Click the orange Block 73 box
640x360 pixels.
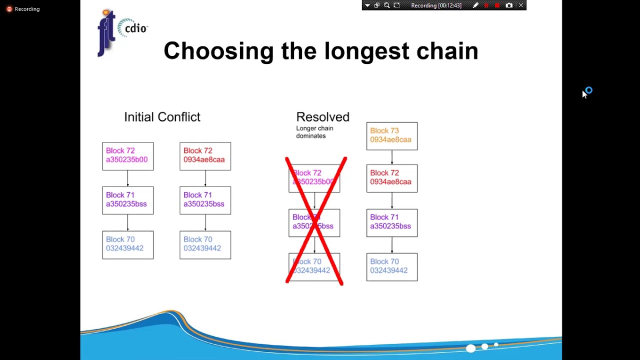(392, 136)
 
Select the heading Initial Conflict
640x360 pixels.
(162, 117)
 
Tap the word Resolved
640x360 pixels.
(322, 117)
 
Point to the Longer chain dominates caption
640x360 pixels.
(314, 132)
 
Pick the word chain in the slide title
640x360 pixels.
(447, 51)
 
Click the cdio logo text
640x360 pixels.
(135, 28)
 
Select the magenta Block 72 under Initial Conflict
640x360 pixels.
(128, 156)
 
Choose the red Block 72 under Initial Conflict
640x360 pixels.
(205, 156)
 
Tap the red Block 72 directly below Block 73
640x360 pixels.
(392, 178)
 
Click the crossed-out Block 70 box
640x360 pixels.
(314, 267)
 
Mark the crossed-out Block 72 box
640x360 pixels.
(314, 178)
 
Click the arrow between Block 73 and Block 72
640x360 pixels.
(392, 157)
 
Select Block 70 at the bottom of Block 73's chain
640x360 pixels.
(392, 267)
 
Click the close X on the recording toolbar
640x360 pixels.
(521, 5)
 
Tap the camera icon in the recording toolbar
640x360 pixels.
(509, 5)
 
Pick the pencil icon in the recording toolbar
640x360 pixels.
(475, 5)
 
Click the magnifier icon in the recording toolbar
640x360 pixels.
(386, 5)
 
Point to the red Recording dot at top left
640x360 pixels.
(9, 9)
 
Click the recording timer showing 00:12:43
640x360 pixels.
(436, 5)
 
